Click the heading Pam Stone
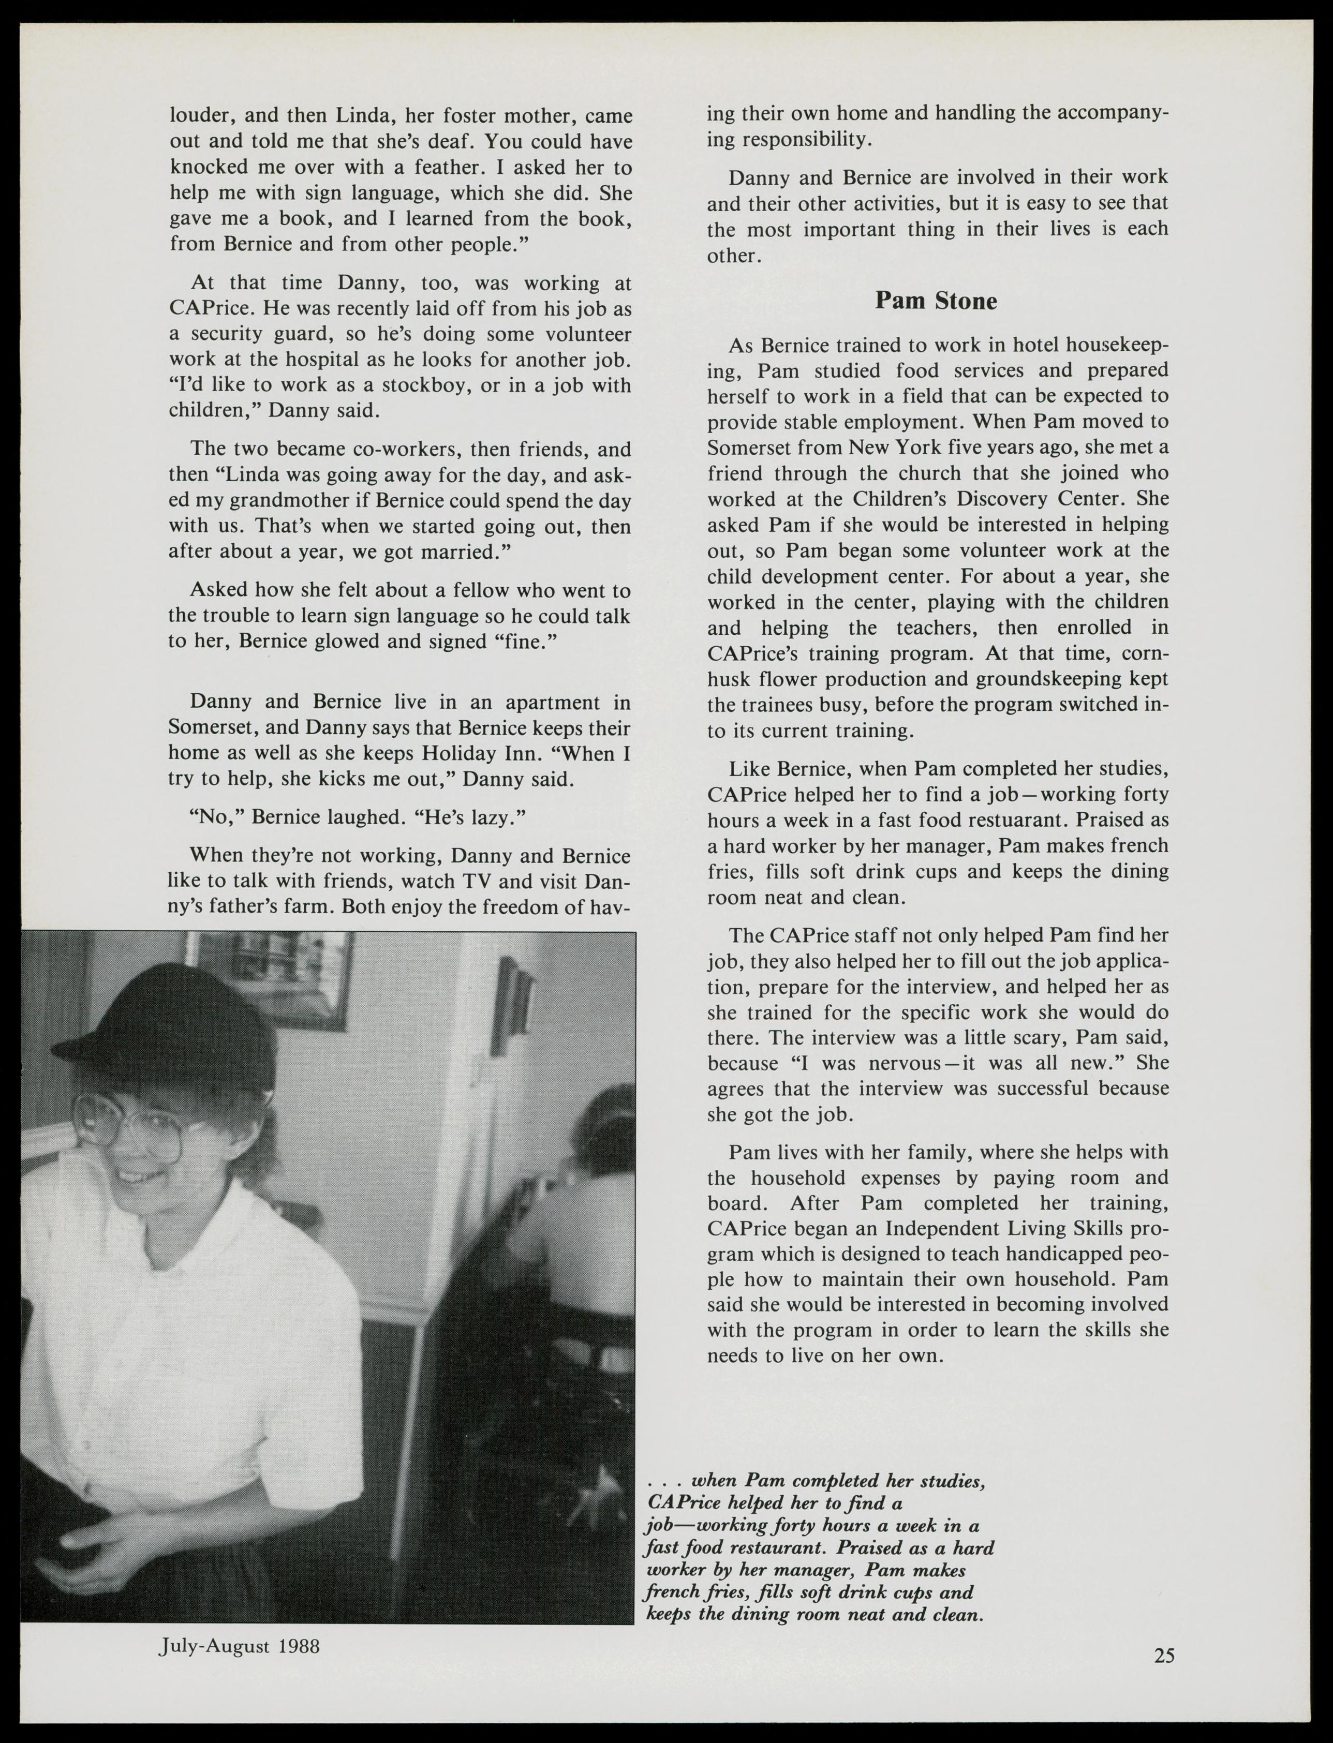pyautogui.click(x=936, y=301)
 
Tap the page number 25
pyautogui.click(x=1164, y=1656)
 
